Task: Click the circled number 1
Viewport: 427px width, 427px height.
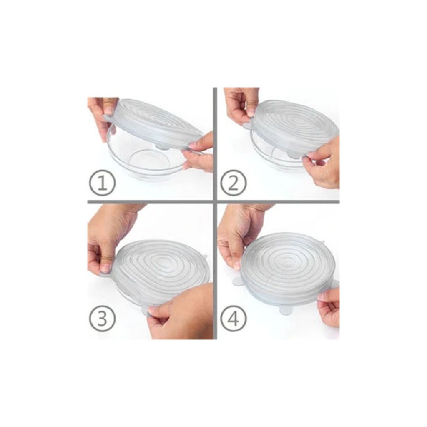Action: click(x=103, y=183)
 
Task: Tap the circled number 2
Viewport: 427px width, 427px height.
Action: click(x=233, y=183)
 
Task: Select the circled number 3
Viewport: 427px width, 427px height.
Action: click(x=103, y=318)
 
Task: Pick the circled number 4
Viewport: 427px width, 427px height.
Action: click(x=233, y=318)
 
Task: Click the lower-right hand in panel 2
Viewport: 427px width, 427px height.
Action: click(x=323, y=163)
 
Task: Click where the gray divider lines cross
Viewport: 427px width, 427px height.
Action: click(x=215, y=202)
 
